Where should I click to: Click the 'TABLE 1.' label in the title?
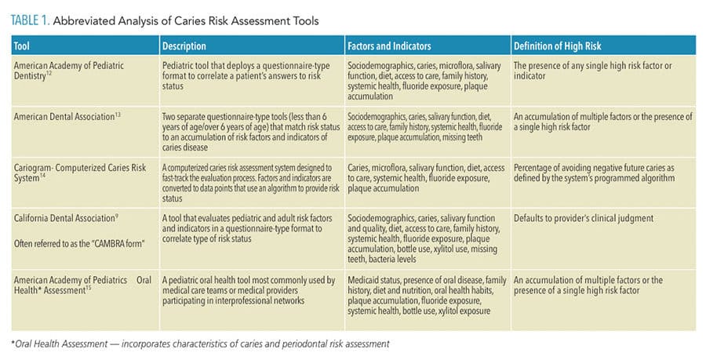coord(30,20)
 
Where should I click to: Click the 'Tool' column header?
coord(22,46)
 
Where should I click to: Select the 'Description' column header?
coord(184,46)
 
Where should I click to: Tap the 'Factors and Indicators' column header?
coord(389,46)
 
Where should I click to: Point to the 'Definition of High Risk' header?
coord(558,46)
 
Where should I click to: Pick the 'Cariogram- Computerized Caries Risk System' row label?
coord(80,173)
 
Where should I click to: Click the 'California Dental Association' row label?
coord(66,218)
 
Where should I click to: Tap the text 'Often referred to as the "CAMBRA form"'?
coord(79,244)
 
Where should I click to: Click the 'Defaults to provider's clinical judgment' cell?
coord(584,218)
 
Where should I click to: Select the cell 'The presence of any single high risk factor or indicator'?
coord(592,71)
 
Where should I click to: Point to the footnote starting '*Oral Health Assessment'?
coord(200,344)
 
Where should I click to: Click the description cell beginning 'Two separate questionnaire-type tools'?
coord(251,132)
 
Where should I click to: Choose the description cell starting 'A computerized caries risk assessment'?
coord(251,183)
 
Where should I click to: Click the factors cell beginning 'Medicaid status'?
coord(427,295)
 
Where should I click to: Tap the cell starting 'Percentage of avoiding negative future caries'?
coord(595,173)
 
